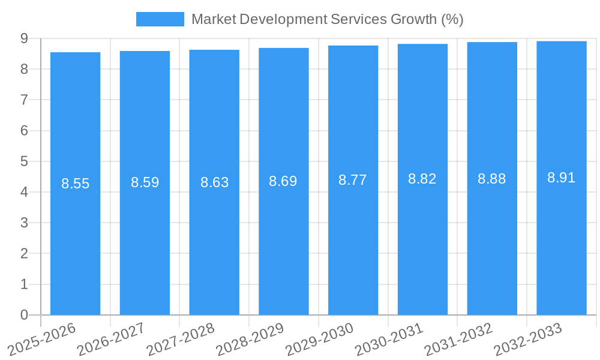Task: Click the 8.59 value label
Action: click(145, 182)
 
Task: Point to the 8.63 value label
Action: click(214, 182)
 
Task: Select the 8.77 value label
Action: click(353, 180)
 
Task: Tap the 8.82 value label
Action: click(422, 179)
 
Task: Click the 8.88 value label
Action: click(492, 179)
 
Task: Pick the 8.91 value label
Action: click(562, 178)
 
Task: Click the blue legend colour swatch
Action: click(160, 19)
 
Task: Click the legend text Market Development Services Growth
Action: click(327, 19)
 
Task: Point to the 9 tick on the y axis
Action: click(24, 38)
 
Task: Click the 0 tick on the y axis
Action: click(24, 315)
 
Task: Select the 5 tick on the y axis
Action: click(24, 161)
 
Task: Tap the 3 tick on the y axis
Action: click(24, 223)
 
